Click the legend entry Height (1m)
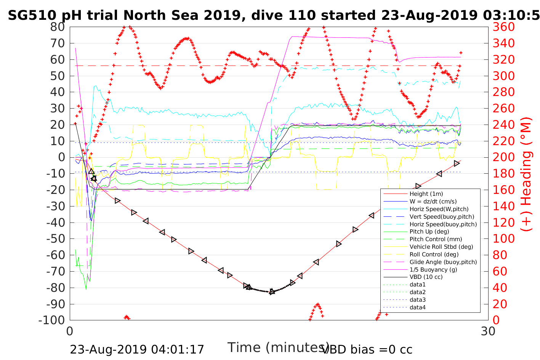click(426, 194)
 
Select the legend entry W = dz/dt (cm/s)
click(433, 202)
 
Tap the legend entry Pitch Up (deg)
click(429, 232)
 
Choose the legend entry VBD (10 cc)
click(426, 277)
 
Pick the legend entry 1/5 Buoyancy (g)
click(433, 269)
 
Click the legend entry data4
click(417, 307)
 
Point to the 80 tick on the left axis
click(58, 27)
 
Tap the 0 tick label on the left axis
click(61, 157)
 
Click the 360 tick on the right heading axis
click(503, 27)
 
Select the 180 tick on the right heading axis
click(503, 174)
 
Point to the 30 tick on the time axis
click(488, 331)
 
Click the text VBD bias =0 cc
click(367, 349)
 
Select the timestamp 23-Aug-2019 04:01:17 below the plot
click(137, 349)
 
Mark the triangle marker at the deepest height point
click(272, 291)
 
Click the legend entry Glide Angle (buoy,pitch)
click(443, 262)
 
